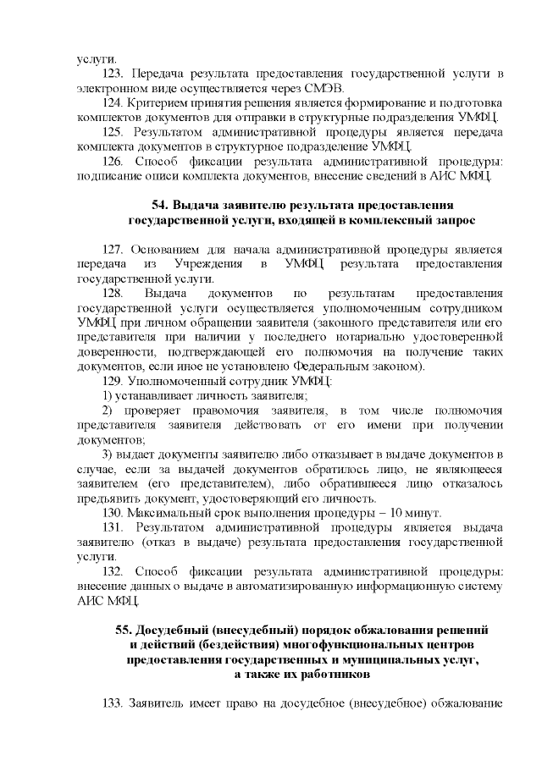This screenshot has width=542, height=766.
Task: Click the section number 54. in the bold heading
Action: (161, 205)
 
